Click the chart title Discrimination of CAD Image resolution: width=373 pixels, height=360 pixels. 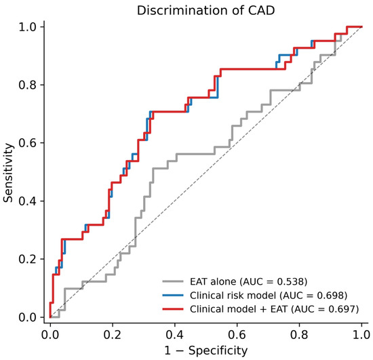(205, 10)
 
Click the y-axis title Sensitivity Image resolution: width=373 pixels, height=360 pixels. (8, 173)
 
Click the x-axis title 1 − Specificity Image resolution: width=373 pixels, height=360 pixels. (206, 351)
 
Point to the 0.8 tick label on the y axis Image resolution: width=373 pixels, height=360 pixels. (27, 85)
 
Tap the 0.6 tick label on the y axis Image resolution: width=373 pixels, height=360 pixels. (27, 143)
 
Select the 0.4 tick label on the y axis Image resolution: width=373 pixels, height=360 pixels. (27, 201)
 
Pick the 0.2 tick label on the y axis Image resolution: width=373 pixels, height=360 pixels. (27, 259)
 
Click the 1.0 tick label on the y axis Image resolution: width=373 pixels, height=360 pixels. (27, 26)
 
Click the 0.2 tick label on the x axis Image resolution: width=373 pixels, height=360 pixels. (113, 334)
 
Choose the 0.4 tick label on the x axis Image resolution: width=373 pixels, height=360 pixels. (174, 334)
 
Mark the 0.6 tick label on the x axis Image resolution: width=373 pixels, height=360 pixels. (237, 334)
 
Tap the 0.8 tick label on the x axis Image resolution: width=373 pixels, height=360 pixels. (299, 334)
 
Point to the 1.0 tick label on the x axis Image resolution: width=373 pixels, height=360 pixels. (361, 334)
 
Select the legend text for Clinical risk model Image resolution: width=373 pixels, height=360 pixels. (233, 296)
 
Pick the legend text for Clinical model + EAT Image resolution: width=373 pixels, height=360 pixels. (239, 309)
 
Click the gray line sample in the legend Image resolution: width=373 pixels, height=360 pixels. (173, 281)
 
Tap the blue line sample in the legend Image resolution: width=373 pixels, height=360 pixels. (173, 296)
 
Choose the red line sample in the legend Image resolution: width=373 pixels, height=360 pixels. (173, 309)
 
